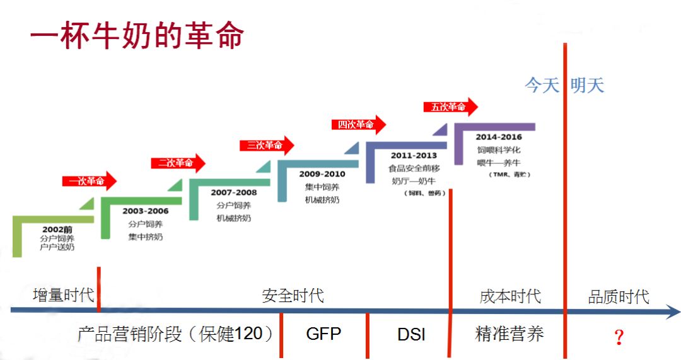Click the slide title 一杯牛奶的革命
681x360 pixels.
point(137,37)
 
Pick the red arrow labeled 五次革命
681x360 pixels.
point(450,107)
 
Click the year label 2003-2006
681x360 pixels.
point(146,211)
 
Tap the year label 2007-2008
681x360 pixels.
point(234,192)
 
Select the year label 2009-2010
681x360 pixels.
point(322,174)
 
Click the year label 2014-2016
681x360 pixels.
point(499,137)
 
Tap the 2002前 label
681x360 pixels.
point(57,229)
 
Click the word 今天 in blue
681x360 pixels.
point(542,86)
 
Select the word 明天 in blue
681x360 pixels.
point(587,86)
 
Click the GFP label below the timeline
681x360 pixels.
point(323,334)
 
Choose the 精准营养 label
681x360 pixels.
point(509,334)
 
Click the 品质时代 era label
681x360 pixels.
point(618,296)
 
